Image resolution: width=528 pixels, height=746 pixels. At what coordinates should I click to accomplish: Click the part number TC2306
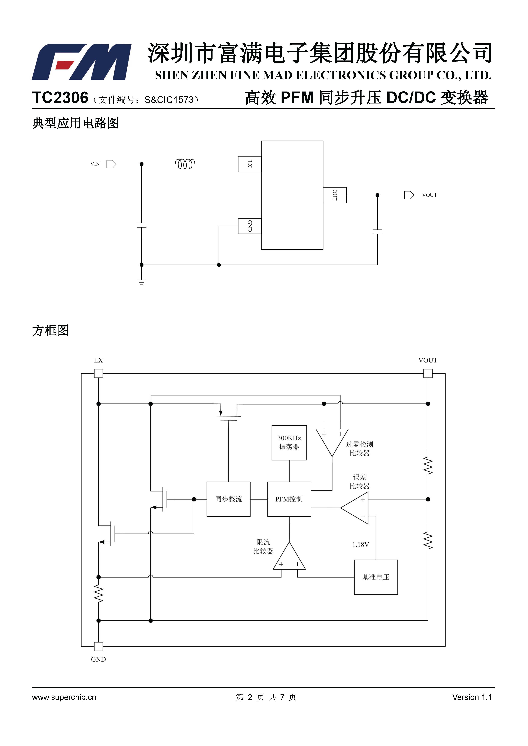point(60,98)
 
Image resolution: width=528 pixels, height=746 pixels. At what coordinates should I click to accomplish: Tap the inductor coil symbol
point(185,164)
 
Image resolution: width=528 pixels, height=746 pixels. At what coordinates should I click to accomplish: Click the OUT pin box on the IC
point(335,195)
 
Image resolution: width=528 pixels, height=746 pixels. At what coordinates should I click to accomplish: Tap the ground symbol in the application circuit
point(141,282)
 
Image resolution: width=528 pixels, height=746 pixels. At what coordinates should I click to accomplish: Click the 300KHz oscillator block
point(289,443)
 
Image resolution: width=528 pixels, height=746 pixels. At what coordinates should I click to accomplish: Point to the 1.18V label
point(360,544)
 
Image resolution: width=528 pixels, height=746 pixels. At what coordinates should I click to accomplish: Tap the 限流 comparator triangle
point(289,556)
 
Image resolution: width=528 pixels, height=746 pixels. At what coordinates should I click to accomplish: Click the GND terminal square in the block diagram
point(98,646)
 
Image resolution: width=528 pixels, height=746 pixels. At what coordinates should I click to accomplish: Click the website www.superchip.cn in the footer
point(64,697)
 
